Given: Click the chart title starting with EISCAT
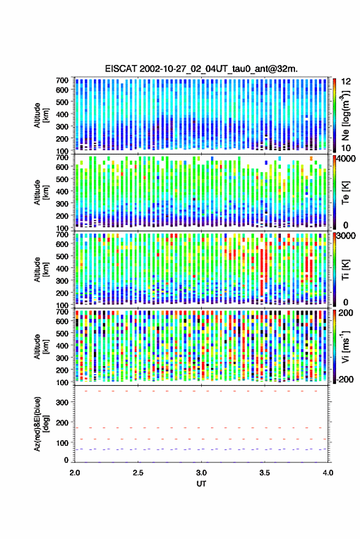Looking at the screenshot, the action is (202, 69).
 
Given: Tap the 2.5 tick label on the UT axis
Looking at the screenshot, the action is (138, 473).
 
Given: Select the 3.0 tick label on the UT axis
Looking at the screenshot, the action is (202, 473).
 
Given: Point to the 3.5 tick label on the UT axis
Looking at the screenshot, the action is (265, 473).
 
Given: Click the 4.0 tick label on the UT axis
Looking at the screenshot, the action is (328, 473).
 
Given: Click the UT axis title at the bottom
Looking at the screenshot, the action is (202, 484).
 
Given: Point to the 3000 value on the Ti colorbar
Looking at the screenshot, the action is (346, 236).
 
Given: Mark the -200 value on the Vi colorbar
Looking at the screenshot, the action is (345, 380).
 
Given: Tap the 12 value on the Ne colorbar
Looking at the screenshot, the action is (346, 82).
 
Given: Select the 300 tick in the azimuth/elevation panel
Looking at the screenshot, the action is (62, 402).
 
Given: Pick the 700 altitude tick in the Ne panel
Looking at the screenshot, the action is (62, 80).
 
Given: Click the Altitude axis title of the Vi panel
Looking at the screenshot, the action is (40, 346).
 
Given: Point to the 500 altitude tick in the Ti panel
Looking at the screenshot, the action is (62, 256).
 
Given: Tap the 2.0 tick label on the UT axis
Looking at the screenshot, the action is (75, 473).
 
